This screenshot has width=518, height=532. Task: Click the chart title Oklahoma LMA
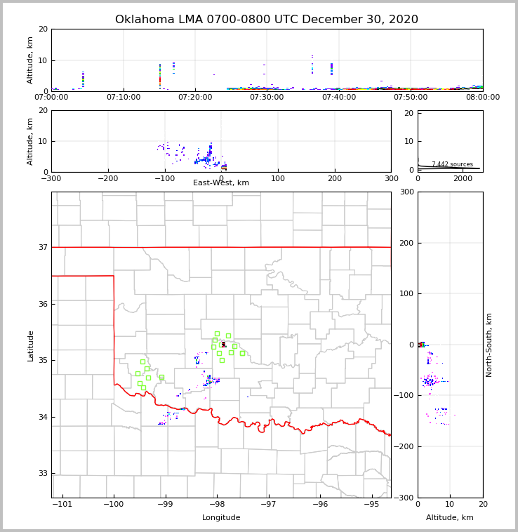click(x=266, y=20)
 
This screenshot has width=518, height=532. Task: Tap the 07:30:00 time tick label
click(x=267, y=97)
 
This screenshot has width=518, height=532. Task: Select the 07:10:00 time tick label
click(x=124, y=97)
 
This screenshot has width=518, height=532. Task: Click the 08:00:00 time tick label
click(x=483, y=97)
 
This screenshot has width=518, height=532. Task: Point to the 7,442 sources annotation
click(x=452, y=164)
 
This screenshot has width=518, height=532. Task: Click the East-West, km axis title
click(x=221, y=183)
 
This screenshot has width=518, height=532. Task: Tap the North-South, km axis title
click(x=489, y=345)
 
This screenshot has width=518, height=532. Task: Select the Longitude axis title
click(x=221, y=518)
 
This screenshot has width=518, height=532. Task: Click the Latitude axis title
click(x=30, y=345)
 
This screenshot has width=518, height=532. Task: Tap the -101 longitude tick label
click(x=62, y=504)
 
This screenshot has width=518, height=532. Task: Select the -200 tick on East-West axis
click(x=107, y=178)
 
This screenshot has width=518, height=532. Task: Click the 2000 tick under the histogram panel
click(x=463, y=178)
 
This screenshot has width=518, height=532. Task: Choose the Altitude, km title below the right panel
click(x=450, y=518)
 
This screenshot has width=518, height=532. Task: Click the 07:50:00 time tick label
click(x=411, y=97)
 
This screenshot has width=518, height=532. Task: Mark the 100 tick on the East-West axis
click(x=278, y=178)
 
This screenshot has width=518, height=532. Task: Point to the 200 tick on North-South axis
click(x=405, y=243)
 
